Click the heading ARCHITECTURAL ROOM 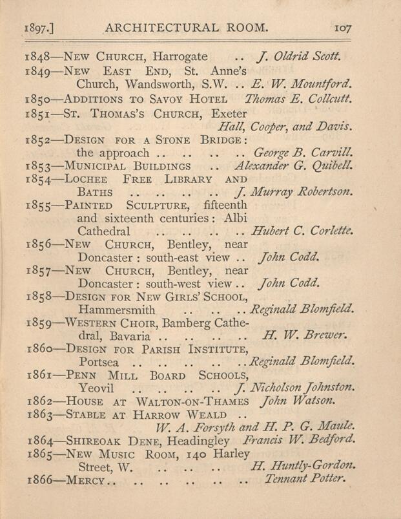pos(186,28)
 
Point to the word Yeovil pos(99,388)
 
